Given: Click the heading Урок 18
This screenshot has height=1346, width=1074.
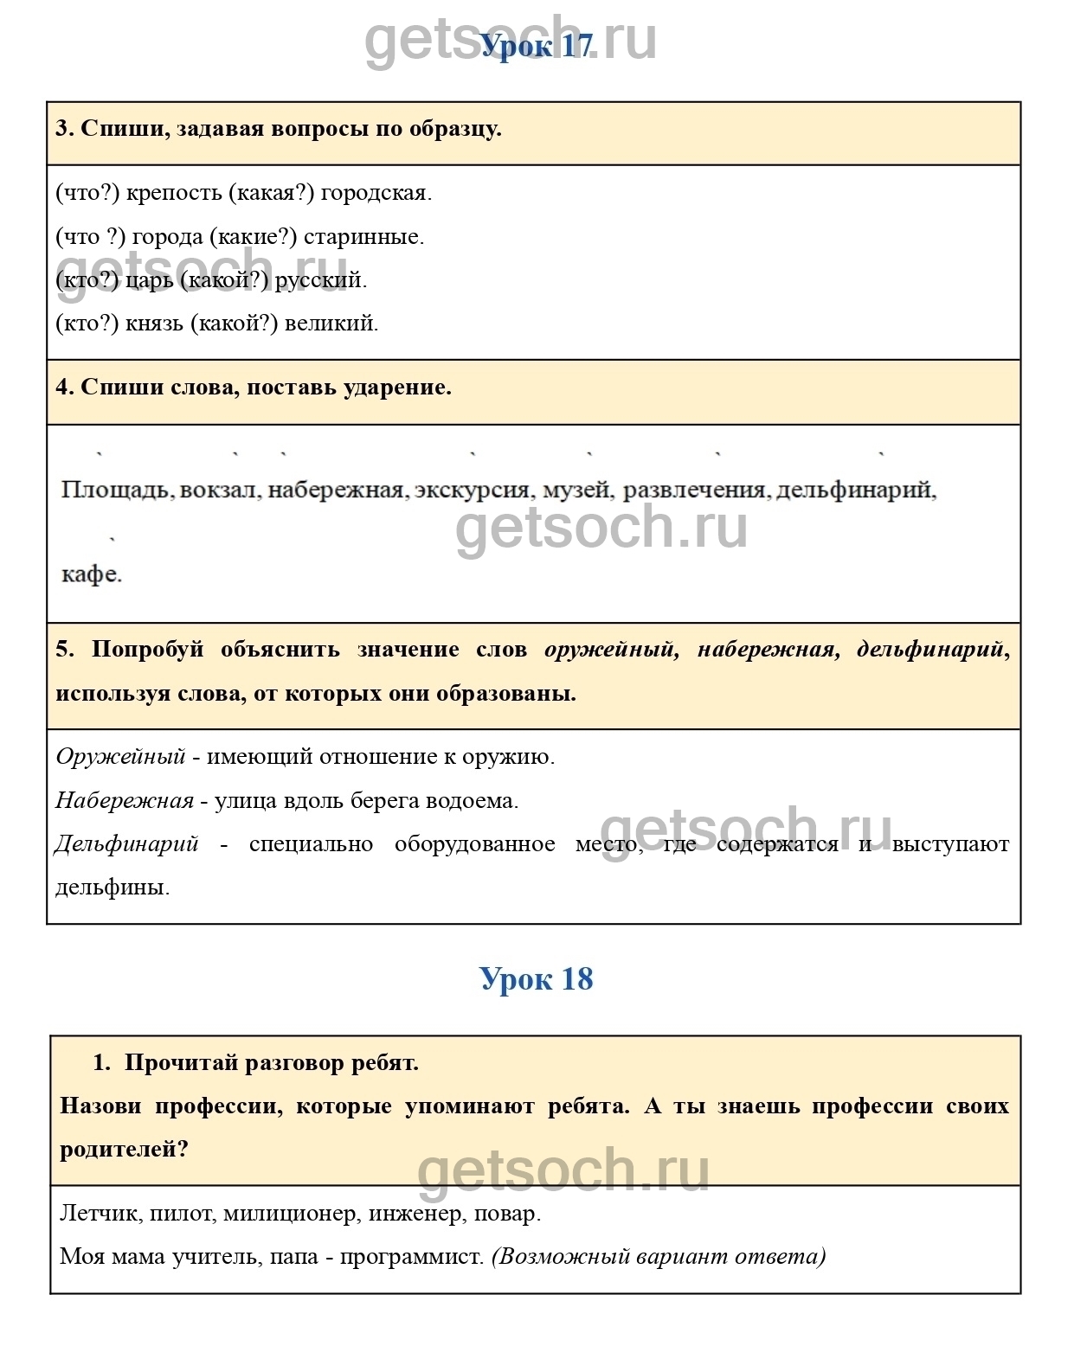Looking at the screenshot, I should (x=537, y=979).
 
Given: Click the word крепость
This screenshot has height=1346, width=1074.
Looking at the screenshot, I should (x=174, y=193).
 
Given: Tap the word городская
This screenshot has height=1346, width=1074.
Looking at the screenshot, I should (x=375, y=193).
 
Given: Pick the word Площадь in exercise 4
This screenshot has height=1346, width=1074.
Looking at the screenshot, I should (x=116, y=490).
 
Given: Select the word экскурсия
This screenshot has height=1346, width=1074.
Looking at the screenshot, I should (x=473, y=490).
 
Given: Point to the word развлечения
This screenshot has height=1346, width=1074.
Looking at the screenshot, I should (x=695, y=490).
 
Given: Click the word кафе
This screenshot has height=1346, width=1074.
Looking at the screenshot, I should (x=91, y=574).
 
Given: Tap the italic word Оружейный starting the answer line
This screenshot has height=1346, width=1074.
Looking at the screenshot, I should (x=120, y=757).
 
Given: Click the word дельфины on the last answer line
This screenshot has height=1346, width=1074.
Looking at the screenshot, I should (x=112, y=888).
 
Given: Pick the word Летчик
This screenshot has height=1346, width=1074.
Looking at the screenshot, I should (x=99, y=1214).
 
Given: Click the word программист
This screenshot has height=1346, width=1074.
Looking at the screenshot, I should (x=411, y=1257).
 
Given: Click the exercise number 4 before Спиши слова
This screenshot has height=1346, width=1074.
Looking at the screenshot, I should (x=63, y=388).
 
